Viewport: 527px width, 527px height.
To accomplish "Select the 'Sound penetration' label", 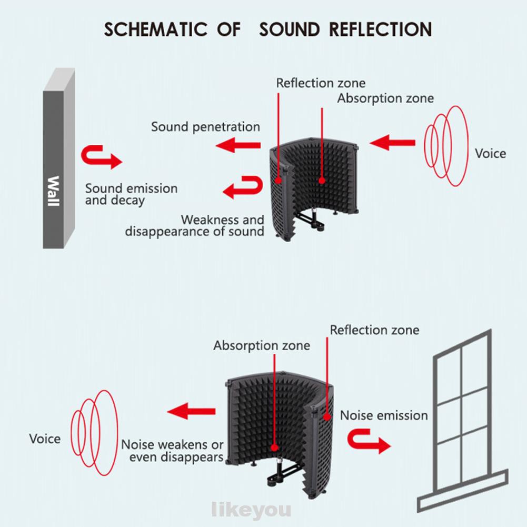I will coord(205,127).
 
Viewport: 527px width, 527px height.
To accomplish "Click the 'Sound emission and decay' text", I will coord(131,194).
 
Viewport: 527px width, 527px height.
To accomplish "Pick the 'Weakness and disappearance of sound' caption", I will coord(195,226).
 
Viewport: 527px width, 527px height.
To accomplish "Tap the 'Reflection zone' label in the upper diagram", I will coord(321,83).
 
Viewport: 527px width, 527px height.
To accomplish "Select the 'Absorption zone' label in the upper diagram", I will coord(385,98).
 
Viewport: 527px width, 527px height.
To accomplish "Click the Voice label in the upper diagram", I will coord(490,154).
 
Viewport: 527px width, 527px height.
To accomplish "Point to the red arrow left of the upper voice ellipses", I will coord(392,142).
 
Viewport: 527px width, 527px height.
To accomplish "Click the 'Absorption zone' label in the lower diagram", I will coord(262,346).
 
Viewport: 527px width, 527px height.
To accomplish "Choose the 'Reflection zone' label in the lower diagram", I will coord(374,330).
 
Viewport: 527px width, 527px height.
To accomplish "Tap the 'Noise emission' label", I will coord(384,415).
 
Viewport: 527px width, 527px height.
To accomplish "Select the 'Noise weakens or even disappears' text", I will coord(173,451).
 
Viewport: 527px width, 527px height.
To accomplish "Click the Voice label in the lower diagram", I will coord(45,439).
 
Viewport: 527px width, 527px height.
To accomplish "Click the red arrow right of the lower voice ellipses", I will coord(192,411).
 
